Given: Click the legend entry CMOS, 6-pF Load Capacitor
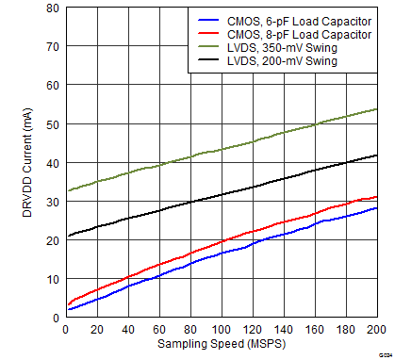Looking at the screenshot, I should click(295, 19).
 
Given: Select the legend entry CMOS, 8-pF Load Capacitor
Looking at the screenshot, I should click(295, 32).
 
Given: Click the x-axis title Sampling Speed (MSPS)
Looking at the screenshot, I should click(222, 346).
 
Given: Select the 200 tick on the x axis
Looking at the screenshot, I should click(374, 329).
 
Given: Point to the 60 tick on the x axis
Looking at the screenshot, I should click(158, 329).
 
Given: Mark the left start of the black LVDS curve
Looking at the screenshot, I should click(65, 237).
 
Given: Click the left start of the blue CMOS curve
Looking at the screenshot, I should click(65, 309).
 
